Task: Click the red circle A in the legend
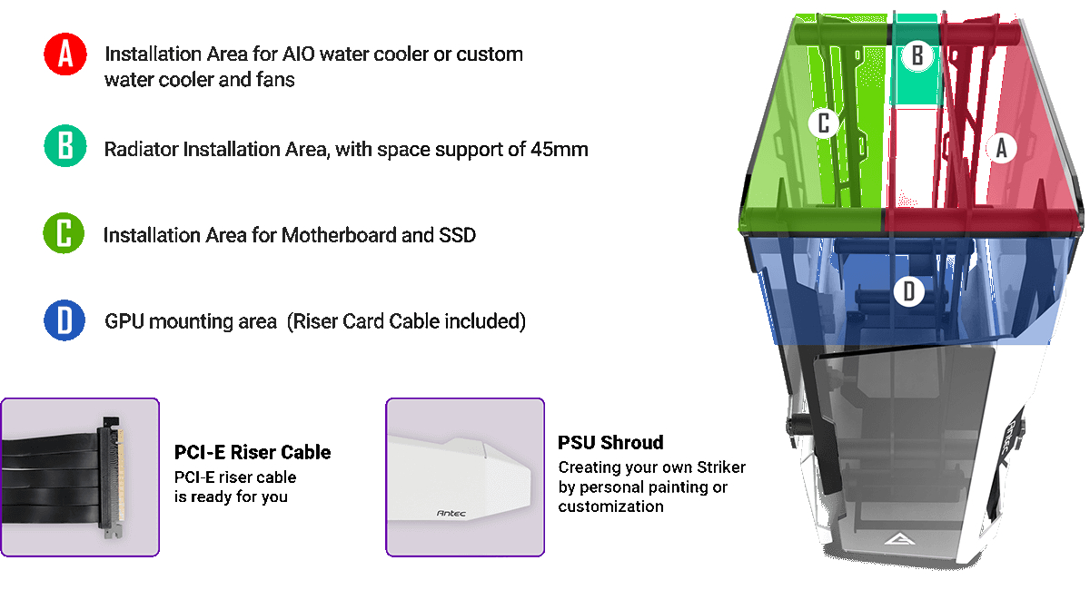tap(65, 54)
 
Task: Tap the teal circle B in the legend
tap(65, 146)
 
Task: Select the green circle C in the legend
tap(64, 233)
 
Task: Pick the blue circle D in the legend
tap(64, 320)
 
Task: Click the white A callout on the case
tap(1001, 148)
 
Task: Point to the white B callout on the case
tap(917, 55)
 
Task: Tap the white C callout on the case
tap(823, 123)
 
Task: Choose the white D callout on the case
tap(909, 291)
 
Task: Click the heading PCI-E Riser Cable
tap(253, 452)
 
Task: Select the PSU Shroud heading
tap(610, 443)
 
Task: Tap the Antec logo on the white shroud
tap(451, 513)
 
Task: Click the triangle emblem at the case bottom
tap(899, 539)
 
